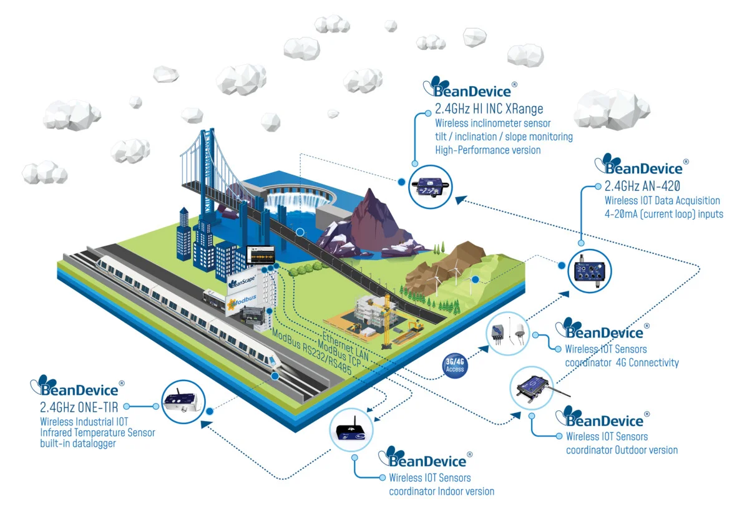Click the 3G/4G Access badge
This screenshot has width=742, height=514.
tap(455, 364)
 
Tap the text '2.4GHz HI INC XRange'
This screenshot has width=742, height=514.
tap(489, 109)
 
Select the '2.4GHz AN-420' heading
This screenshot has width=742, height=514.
tap(642, 186)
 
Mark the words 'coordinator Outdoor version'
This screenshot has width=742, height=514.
tap(621, 450)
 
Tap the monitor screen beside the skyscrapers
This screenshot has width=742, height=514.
tap(260, 256)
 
